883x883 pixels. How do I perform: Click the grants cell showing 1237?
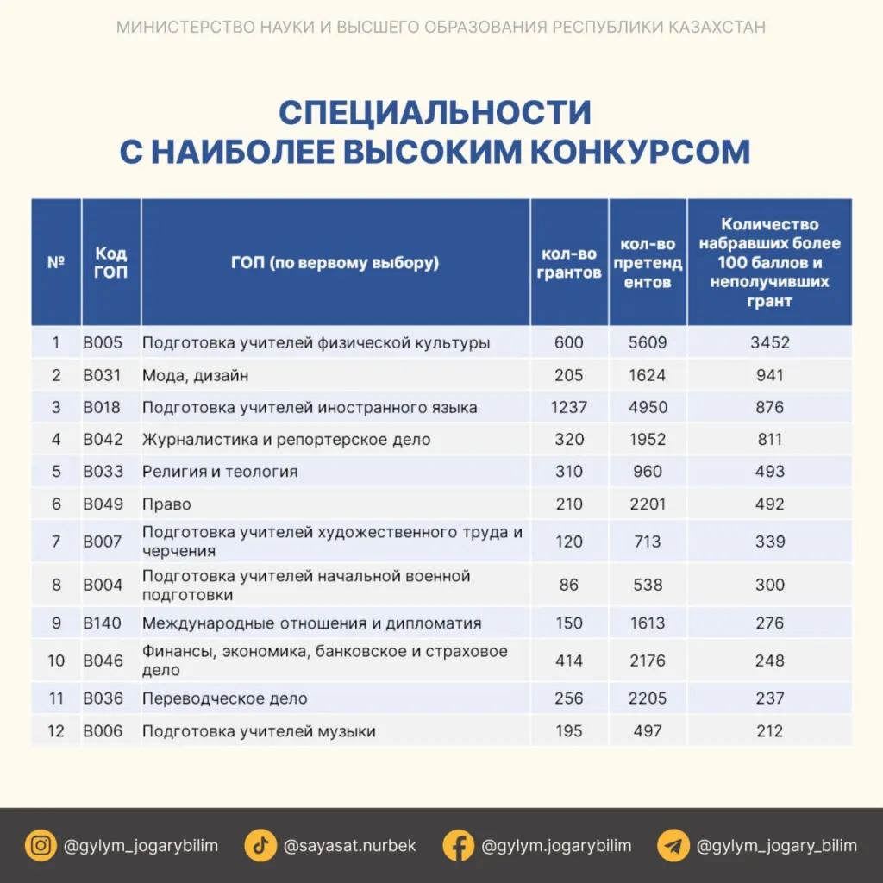(569, 407)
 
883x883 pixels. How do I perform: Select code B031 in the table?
(103, 375)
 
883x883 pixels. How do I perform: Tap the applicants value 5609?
(648, 342)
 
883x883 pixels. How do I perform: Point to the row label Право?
(166, 504)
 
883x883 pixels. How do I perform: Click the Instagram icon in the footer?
(40, 845)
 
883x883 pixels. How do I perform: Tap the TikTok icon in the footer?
(260, 845)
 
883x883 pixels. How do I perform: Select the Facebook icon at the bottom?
(458, 845)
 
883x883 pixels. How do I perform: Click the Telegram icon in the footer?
(673, 845)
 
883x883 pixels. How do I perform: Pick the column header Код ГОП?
(110, 262)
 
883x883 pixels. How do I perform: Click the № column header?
(56, 262)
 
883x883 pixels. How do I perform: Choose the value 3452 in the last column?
(769, 342)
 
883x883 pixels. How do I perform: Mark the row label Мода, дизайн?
(196, 375)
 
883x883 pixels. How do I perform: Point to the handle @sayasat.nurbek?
(349, 845)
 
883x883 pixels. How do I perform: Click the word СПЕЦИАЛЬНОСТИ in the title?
(435, 113)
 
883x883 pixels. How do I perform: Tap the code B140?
(103, 623)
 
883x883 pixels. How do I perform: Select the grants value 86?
(569, 585)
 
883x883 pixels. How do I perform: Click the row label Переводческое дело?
(224, 698)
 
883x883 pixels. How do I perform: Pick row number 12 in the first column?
(56, 731)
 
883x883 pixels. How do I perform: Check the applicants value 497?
(648, 731)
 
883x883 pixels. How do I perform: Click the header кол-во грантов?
(569, 263)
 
